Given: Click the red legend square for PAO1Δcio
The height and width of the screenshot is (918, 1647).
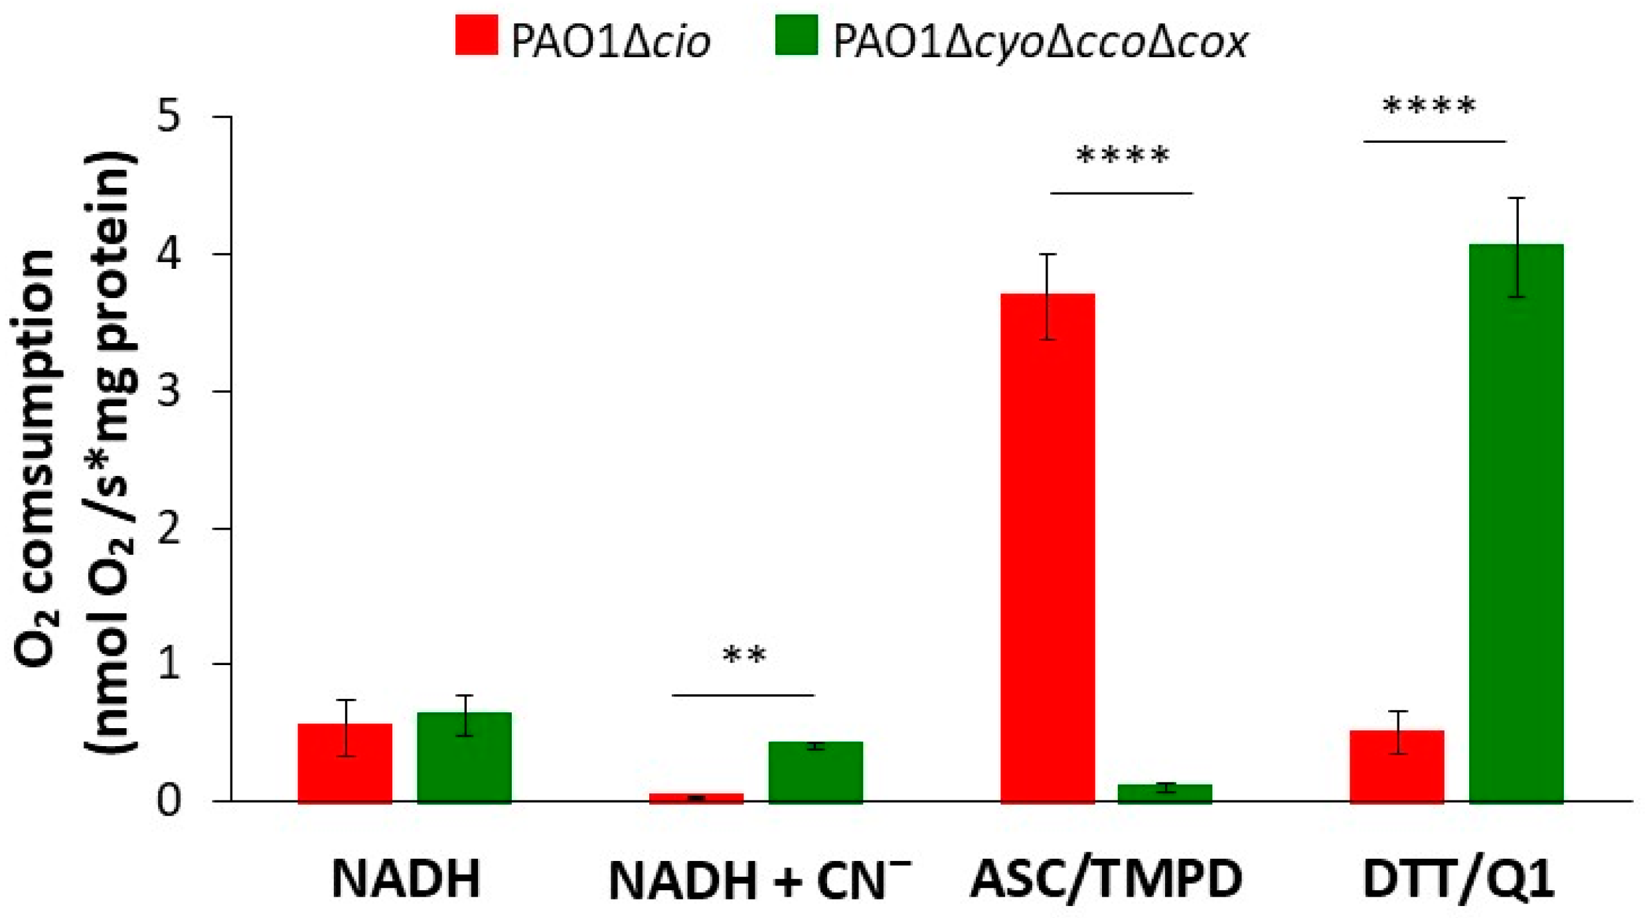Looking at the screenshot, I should [476, 35].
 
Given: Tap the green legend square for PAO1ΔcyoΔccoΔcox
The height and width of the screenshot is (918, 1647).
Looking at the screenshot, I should [796, 35].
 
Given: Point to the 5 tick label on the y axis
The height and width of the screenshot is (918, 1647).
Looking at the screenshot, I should [169, 117].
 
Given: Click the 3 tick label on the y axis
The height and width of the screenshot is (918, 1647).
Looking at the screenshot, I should [169, 392].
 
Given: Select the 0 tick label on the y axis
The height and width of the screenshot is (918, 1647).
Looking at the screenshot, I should [169, 801].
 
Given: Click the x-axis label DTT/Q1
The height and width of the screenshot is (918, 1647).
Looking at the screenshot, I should [1458, 880].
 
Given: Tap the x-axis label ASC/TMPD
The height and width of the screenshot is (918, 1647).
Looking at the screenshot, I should [1106, 880].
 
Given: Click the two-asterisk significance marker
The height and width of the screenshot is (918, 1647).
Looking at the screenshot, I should [744, 656].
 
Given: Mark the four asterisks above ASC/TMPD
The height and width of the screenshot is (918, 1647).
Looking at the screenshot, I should [1122, 157].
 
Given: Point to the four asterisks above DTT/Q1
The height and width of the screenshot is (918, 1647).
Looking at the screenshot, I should [1429, 106].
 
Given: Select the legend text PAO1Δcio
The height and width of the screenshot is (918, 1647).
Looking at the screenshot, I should [610, 41].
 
